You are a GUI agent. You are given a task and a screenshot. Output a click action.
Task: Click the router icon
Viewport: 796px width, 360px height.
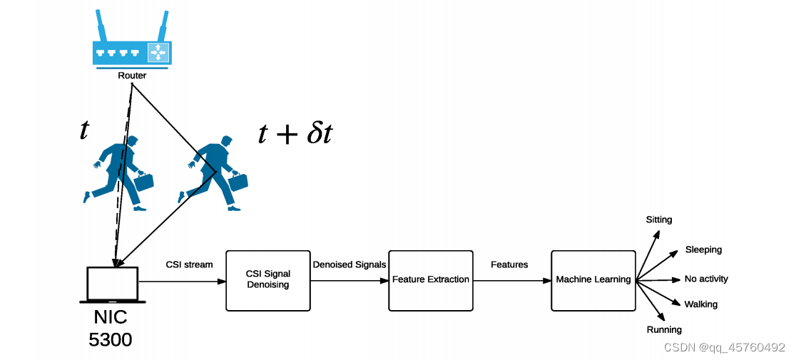click(x=131, y=52)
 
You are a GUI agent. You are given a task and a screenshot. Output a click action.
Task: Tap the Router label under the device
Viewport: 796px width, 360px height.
click(x=132, y=76)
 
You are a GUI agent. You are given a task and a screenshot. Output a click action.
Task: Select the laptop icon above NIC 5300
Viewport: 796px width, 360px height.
click(x=113, y=284)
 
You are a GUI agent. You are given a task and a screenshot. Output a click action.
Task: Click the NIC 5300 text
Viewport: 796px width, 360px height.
click(x=111, y=328)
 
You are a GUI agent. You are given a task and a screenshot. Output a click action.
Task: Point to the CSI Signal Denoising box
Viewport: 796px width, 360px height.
click(x=267, y=279)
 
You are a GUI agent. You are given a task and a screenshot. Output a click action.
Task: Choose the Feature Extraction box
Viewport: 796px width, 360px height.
click(x=431, y=279)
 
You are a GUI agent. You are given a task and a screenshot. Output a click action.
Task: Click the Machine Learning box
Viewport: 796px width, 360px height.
click(x=593, y=279)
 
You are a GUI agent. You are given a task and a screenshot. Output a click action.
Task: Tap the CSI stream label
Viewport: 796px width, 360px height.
click(x=189, y=264)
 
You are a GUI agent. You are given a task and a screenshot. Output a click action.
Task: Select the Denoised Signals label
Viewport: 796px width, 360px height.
click(x=349, y=264)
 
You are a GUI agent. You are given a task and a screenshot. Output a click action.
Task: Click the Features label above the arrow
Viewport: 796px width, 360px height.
click(x=509, y=264)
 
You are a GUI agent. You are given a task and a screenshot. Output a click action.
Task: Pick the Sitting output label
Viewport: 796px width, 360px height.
click(x=659, y=220)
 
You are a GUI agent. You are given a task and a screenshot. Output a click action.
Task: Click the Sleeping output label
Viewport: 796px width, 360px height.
click(x=703, y=250)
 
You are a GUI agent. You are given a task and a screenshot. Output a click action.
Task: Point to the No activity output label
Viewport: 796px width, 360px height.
click(x=706, y=279)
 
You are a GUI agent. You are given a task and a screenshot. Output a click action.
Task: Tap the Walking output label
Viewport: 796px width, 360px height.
click(x=700, y=304)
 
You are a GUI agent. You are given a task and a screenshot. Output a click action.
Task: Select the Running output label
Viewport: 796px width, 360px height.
click(x=664, y=329)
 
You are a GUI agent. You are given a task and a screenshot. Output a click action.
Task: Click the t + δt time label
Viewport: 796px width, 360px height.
click(x=295, y=133)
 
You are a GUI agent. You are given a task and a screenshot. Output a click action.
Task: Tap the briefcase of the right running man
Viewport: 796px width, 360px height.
click(x=238, y=182)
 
